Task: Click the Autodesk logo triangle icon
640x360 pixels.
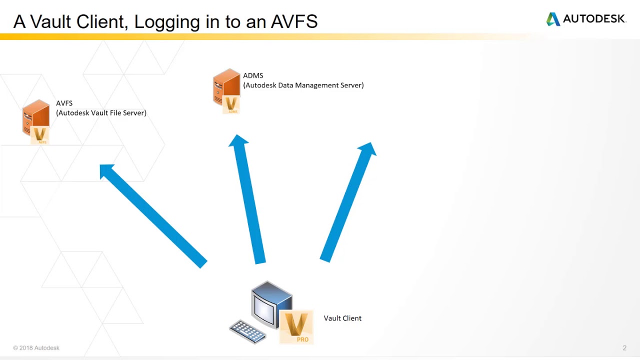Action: click(553, 19)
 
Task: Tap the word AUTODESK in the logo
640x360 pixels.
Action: click(594, 19)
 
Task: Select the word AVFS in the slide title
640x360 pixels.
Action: click(294, 21)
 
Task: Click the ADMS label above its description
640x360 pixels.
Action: click(253, 75)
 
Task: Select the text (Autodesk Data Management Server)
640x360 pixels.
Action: click(303, 85)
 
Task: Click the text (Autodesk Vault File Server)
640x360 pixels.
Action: click(101, 112)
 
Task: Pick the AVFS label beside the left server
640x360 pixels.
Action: click(64, 103)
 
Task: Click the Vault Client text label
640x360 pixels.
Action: click(342, 318)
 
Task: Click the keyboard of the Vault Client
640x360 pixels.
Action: click(247, 331)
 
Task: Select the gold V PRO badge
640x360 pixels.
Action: click(296, 326)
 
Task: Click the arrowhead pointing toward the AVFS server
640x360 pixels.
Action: click(107, 171)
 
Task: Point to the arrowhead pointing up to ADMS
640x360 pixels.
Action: click(238, 142)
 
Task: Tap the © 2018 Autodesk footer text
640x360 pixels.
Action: click(36, 348)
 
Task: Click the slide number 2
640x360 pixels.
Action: click(624, 348)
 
